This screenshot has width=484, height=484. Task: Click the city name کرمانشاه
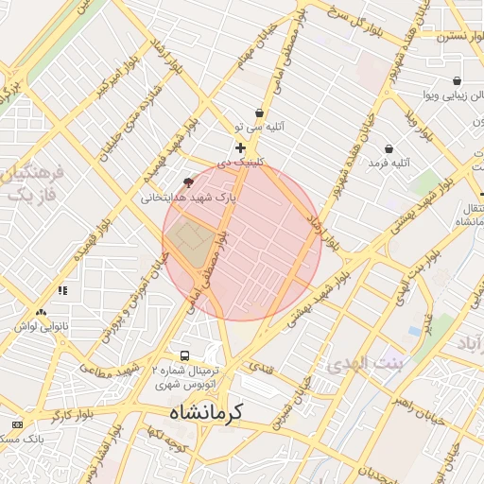tap(206, 413)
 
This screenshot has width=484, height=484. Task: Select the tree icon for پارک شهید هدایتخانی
tap(187, 181)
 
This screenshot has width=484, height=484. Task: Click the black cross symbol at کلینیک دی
tap(240, 147)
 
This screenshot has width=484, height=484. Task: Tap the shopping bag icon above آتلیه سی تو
tap(259, 112)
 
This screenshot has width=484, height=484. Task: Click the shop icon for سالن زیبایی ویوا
tap(458, 81)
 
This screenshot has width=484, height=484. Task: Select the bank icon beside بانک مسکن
tap(15, 423)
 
